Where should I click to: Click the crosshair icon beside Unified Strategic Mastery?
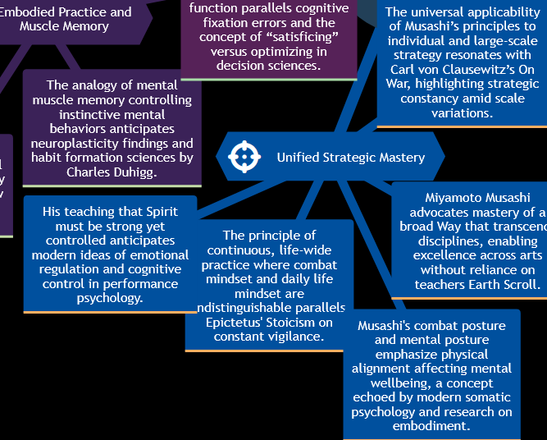(244, 157)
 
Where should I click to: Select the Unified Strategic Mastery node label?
(350, 158)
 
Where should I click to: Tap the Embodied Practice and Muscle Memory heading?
(65, 19)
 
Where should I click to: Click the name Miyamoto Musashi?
(477, 197)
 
